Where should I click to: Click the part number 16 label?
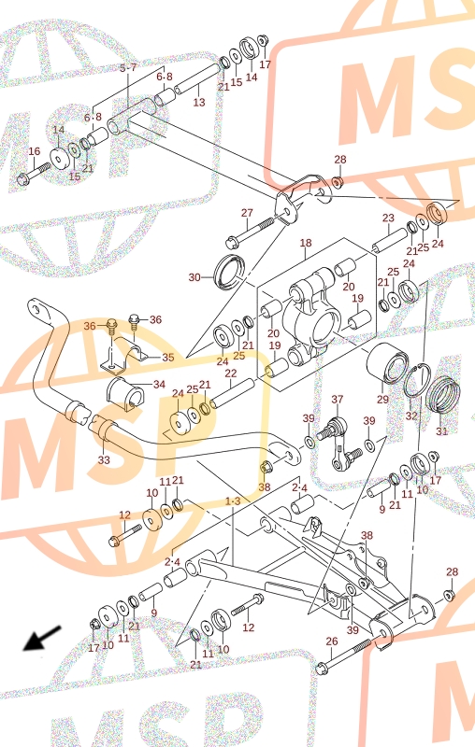35,151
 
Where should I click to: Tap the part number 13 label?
199,102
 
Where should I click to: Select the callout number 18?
306,243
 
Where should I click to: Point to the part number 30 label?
194,277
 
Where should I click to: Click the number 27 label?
247,213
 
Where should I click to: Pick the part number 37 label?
338,400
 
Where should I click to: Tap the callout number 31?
442,431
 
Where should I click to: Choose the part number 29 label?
383,400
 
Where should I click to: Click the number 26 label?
332,641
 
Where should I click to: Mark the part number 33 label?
104,460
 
